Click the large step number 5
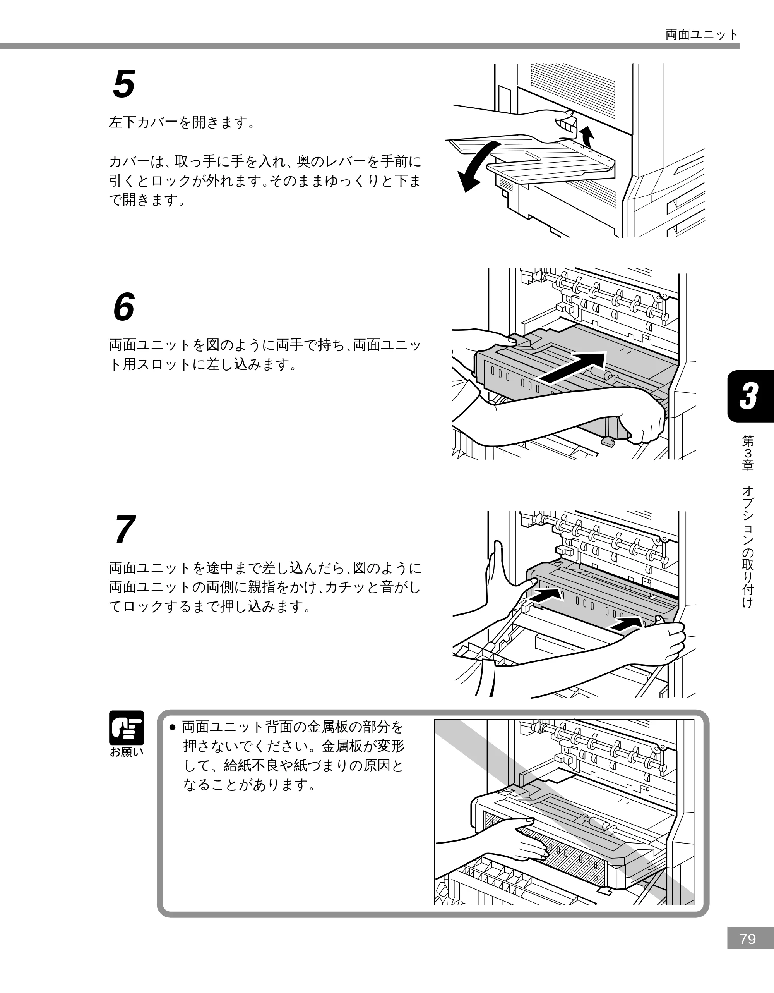(x=124, y=84)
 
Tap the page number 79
(x=748, y=952)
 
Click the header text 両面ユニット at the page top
(x=702, y=34)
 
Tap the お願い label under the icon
(x=127, y=752)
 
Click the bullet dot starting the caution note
(x=172, y=727)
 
